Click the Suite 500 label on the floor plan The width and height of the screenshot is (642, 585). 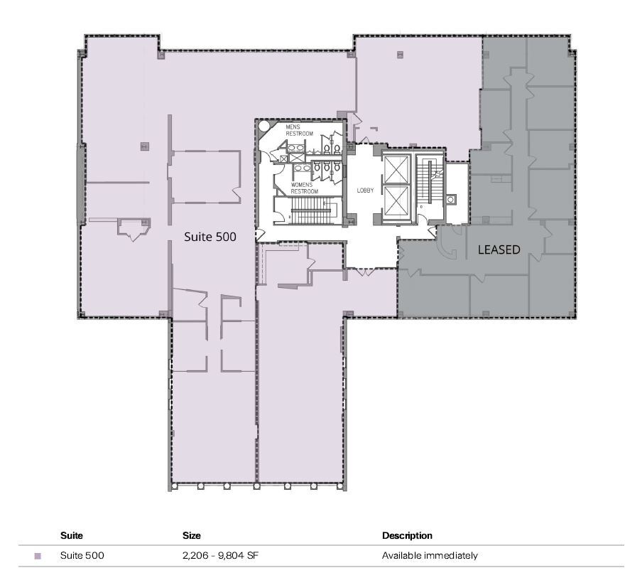point(210,236)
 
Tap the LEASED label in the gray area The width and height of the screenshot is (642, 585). point(499,249)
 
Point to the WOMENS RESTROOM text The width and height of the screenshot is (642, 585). point(305,188)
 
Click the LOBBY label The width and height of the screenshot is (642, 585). point(366,191)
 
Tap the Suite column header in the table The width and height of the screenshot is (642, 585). point(71,535)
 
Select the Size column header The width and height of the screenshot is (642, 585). point(192,535)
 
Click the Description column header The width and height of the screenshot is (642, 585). point(407,535)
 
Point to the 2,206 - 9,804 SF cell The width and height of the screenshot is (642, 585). point(220,555)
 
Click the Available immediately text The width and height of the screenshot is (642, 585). point(430,555)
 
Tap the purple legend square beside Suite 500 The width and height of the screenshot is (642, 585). point(38,556)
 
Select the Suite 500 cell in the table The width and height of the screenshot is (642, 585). point(82,555)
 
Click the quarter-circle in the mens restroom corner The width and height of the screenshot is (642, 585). point(263,127)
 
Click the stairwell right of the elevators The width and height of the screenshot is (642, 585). point(429,183)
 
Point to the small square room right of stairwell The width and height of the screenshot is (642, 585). point(451,200)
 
